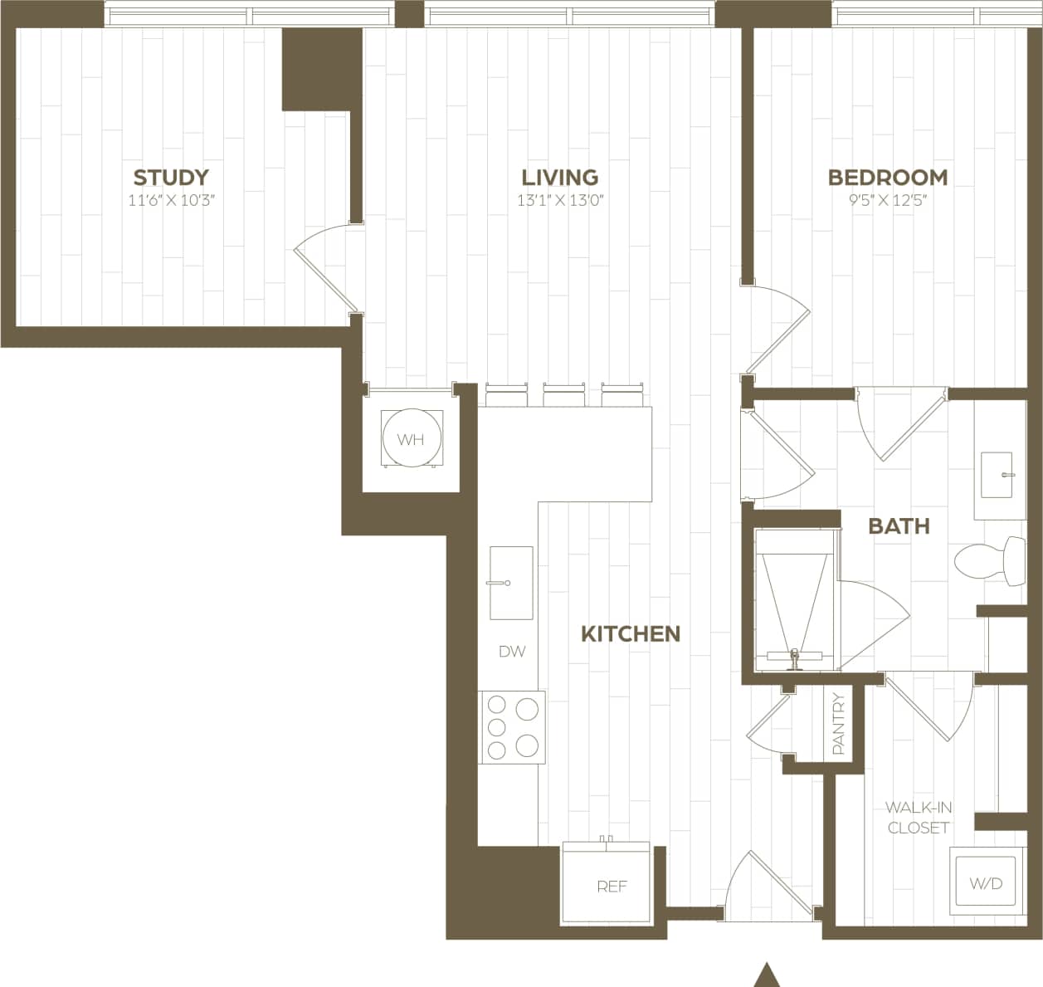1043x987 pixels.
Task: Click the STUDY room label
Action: pyautogui.click(x=171, y=177)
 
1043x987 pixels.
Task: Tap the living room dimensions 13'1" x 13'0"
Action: pyautogui.click(x=560, y=200)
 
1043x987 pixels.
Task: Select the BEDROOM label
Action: pyautogui.click(x=888, y=177)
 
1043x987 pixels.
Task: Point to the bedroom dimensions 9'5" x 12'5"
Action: pyautogui.click(x=887, y=200)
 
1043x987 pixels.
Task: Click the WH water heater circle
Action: pyautogui.click(x=411, y=439)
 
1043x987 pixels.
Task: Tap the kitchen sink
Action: pyautogui.click(x=511, y=583)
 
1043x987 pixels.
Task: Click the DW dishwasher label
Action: pyautogui.click(x=512, y=652)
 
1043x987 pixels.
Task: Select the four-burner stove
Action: pyautogui.click(x=512, y=727)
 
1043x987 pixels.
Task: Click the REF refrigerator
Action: pyautogui.click(x=612, y=885)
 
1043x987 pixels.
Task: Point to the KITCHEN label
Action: pyautogui.click(x=631, y=633)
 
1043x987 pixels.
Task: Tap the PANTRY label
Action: pyautogui.click(x=838, y=724)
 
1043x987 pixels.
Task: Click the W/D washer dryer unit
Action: pyautogui.click(x=986, y=882)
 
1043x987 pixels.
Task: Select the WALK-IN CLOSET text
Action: pyautogui.click(x=919, y=817)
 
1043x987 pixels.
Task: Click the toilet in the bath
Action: pyautogui.click(x=987, y=561)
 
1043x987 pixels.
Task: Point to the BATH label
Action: pyautogui.click(x=899, y=525)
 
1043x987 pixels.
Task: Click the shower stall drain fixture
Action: pyautogui.click(x=795, y=658)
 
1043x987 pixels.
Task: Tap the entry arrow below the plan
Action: pyautogui.click(x=768, y=975)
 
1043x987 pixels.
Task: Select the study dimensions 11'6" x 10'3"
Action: pyautogui.click(x=172, y=200)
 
